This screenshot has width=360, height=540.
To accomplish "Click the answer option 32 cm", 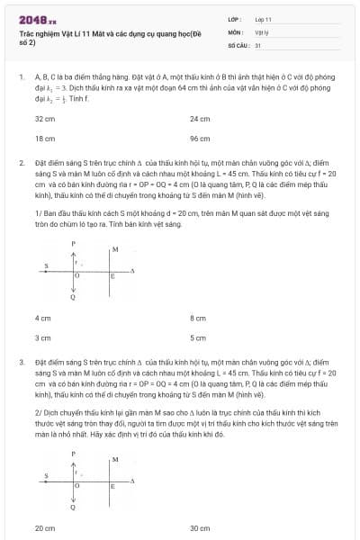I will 45,119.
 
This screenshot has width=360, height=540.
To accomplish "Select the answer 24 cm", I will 200,119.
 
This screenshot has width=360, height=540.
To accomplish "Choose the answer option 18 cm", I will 45,139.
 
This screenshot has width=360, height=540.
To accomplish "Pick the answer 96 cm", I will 200,139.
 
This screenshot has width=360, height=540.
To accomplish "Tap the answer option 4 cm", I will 42,319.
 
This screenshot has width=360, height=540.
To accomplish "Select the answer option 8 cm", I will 198,319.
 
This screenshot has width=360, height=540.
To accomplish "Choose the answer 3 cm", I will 42,338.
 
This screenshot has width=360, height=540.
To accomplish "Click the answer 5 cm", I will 198,338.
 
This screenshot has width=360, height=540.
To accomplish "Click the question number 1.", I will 21,78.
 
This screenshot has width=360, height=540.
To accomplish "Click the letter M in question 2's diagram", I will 114,247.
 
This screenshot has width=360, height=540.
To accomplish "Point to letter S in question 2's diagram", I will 47,265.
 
